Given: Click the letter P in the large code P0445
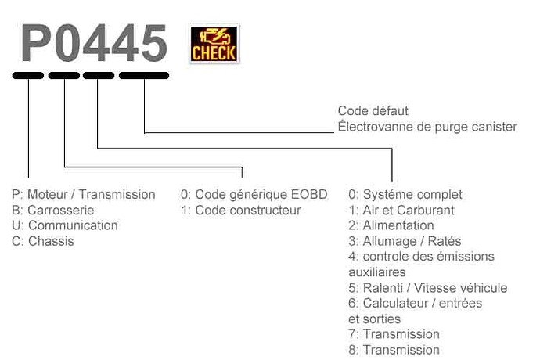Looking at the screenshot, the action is [x=35, y=43].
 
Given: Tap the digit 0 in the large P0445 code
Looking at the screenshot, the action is [x=66, y=43].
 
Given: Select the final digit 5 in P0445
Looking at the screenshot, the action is [x=154, y=43].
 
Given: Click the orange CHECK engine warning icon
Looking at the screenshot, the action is [x=214, y=44].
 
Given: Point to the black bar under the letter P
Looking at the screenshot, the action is [x=28, y=75].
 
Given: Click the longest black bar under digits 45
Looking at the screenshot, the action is [x=144, y=75].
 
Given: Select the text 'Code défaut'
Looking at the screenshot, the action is [x=373, y=111].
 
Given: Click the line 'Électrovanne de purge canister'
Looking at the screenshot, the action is [x=427, y=127].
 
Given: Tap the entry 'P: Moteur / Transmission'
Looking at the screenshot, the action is [x=83, y=194].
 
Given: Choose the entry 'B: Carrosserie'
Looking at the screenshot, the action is [x=52, y=211].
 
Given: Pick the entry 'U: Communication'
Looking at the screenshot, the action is [x=65, y=225].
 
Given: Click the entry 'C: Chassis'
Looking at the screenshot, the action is [x=43, y=241].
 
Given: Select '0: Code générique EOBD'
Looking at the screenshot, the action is [x=254, y=194].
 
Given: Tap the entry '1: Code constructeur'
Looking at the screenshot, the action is [x=241, y=211].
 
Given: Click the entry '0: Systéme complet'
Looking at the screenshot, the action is [x=405, y=195].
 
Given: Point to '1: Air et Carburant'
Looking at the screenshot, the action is [x=401, y=211].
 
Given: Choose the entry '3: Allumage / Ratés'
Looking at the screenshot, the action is [x=405, y=241].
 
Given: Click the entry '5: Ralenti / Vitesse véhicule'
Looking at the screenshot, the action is [x=428, y=288].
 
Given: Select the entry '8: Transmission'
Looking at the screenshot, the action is [x=394, y=350].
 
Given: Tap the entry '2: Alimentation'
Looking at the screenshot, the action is [x=391, y=225].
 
